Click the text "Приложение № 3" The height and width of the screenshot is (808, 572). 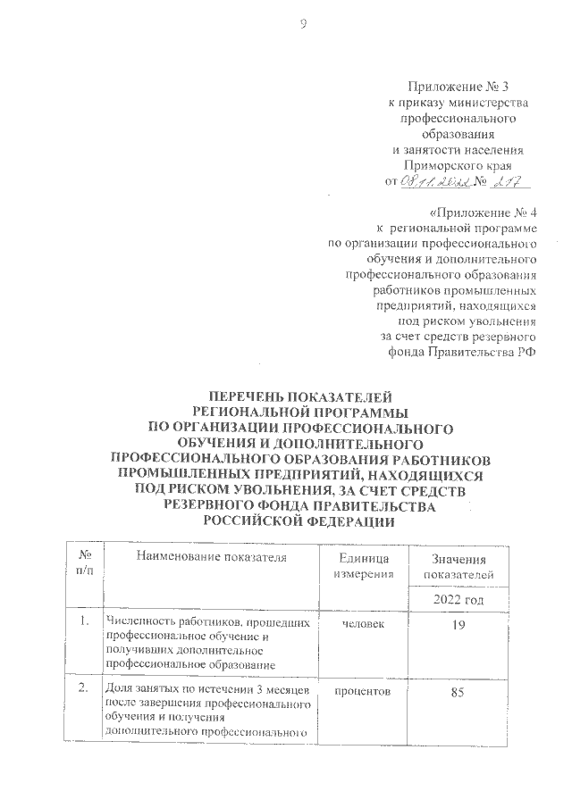[457, 87]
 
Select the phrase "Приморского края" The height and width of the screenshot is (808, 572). [458, 165]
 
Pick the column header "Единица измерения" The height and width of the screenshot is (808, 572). [363, 564]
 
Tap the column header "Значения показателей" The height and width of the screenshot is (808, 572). [458, 565]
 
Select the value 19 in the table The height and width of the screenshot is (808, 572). [458, 624]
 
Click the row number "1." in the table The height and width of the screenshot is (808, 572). [83, 622]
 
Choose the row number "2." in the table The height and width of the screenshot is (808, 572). [83, 690]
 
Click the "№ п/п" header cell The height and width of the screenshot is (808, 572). [84, 564]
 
